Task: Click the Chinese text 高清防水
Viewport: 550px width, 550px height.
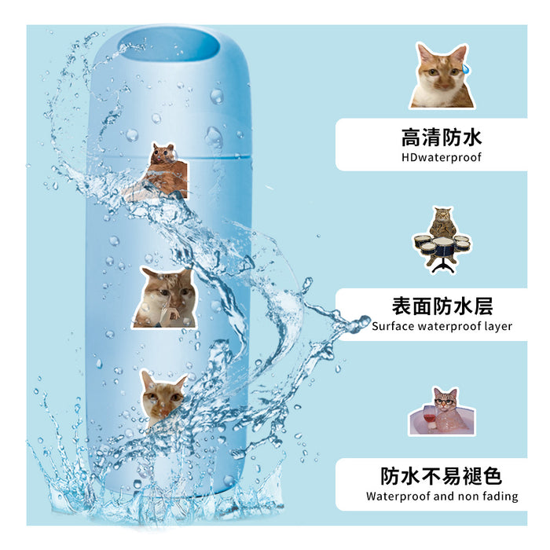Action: click(441, 138)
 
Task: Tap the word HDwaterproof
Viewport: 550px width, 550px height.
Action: click(441, 157)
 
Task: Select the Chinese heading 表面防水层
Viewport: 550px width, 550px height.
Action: click(441, 306)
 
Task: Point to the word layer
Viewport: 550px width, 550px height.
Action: click(498, 326)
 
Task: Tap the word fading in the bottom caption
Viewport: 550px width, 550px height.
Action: click(500, 496)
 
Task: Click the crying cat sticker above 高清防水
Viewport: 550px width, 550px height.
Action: click(442, 75)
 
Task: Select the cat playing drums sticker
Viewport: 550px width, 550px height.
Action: click(441, 240)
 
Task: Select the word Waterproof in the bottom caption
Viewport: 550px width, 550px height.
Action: click(396, 496)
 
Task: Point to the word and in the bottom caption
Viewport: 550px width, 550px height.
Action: click(443, 496)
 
